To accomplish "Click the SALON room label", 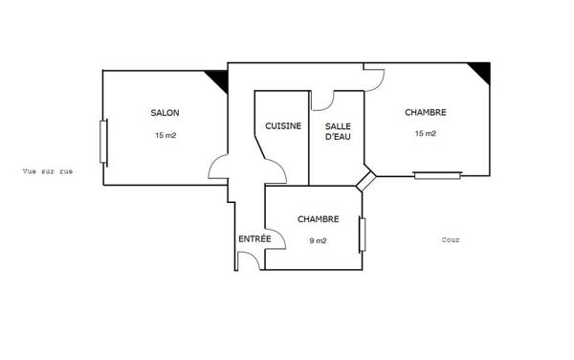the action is coord(166,113).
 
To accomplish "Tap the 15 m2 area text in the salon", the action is coord(166,135).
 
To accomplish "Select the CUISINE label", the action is coord(283,126).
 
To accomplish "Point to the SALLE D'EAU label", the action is coord(338,131).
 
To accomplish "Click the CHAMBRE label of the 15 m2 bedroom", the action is coord(426,112).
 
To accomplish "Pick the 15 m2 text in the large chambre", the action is coord(426,134).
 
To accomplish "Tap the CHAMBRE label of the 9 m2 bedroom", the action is coord(319,219).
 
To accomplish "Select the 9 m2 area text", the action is coord(319,240).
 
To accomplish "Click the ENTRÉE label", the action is coord(254,238).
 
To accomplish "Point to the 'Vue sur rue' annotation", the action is coord(48,171).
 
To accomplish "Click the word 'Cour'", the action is coord(451,240).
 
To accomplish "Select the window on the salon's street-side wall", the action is coord(103,142).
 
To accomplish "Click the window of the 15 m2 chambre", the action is coord(437,175).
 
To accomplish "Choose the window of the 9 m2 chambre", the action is coord(362,235).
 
